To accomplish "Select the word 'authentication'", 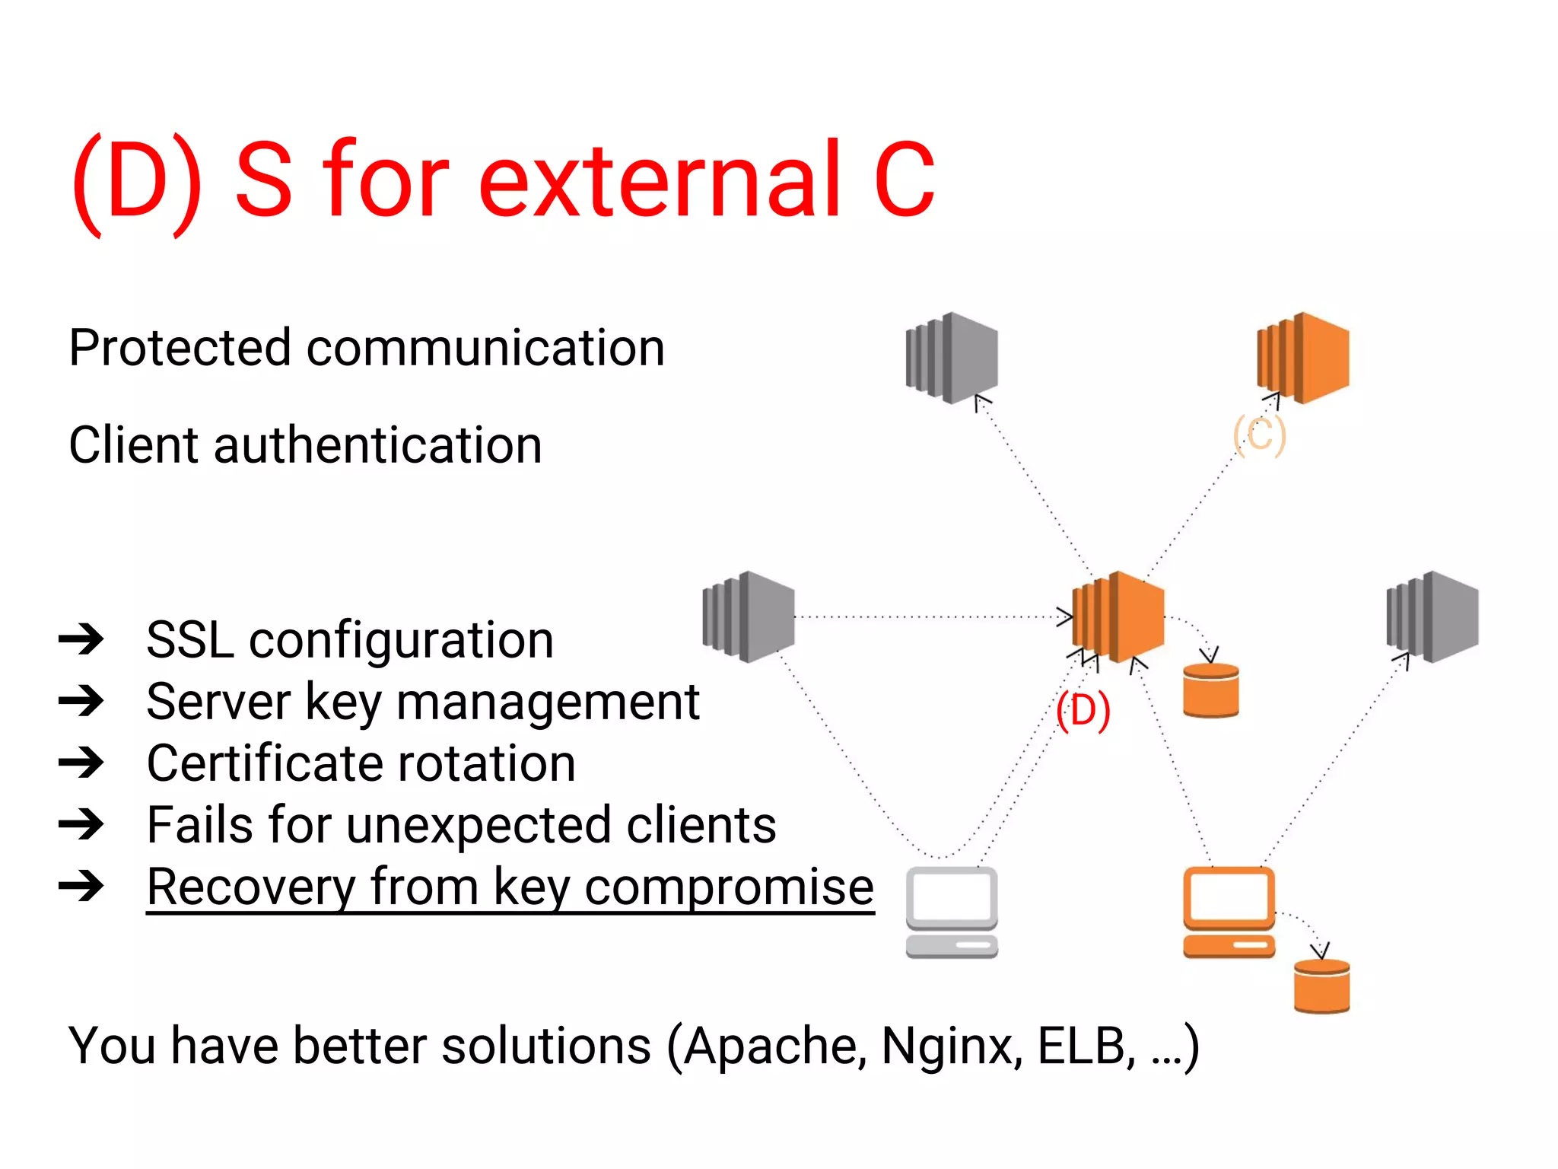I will coord(377,445).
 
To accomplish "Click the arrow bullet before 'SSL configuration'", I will coord(81,639).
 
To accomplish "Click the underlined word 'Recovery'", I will coord(250,887).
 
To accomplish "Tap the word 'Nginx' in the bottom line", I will coord(951,1046).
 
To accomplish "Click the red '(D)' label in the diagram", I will coord(1083,711).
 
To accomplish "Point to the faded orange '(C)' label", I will coord(1259,435).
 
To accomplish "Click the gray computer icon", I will coord(952,912).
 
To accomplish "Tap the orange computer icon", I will coord(1229,912).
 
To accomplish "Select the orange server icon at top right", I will coord(1303,358).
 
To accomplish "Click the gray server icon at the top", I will coord(952,358).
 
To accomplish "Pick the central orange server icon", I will coord(1118,616).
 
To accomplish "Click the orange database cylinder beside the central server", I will coord(1211,690).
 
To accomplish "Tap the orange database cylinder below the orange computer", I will coord(1321,986).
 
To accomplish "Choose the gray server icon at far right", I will coord(1432,616).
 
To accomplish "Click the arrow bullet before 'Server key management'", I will coord(81,701).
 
